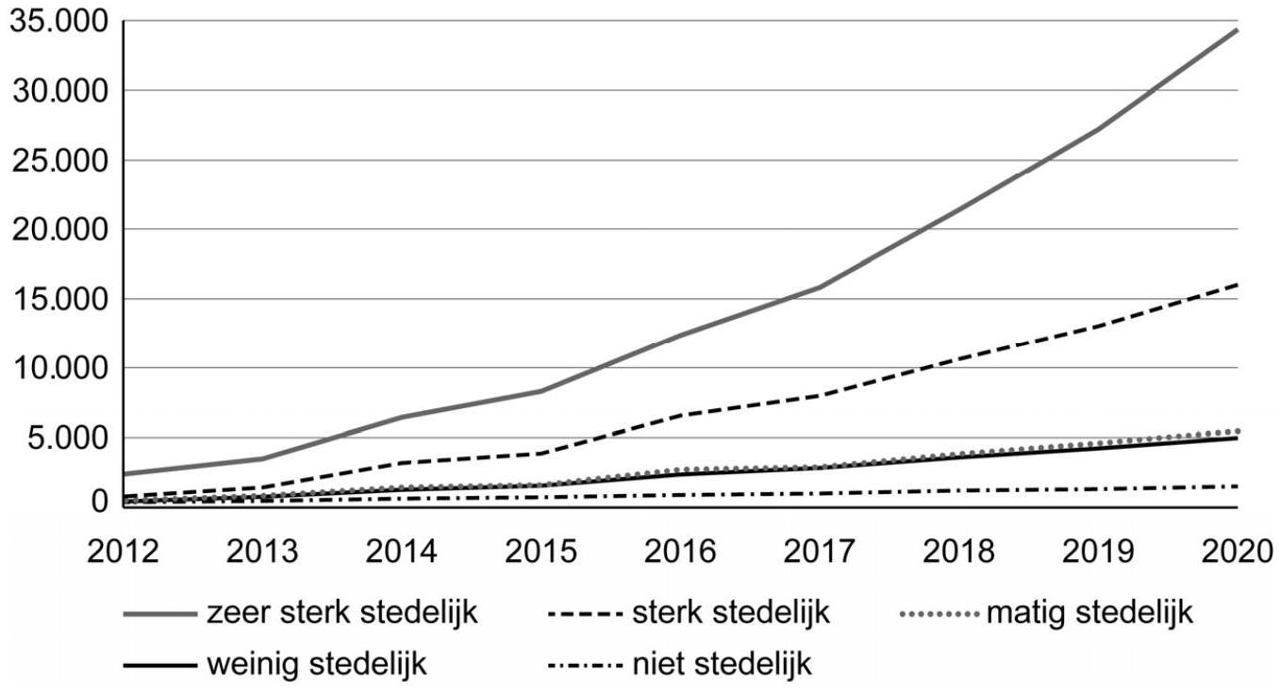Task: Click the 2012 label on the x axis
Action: tap(125, 551)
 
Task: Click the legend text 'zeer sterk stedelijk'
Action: tap(342, 614)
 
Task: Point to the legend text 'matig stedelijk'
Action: tap(1089, 614)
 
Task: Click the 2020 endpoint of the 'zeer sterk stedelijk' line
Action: tap(1237, 30)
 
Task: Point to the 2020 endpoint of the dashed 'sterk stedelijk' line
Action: tap(1237, 284)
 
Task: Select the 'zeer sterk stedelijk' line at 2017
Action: tap(820, 287)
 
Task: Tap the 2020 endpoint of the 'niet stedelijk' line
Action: tap(1237, 487)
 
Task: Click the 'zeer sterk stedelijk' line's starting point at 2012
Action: tap(125, 473)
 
